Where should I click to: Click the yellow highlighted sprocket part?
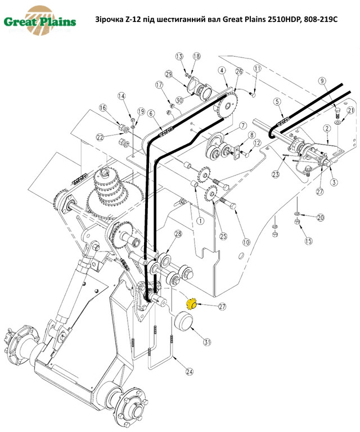[191, 304]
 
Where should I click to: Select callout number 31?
[207, 341]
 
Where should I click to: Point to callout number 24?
[190, 372]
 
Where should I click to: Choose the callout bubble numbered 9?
[322, 81]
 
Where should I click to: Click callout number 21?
[350, 111]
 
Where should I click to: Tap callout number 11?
[257, 68]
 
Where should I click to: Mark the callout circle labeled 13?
[179, 56]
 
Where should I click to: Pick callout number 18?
[196, 56]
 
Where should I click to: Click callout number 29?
[168, 74]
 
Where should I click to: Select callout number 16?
[102, 107]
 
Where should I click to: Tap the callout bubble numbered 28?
[178, 233]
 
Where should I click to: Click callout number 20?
[321, 218]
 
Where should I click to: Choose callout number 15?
[308, 241]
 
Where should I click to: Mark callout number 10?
[245, 242]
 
